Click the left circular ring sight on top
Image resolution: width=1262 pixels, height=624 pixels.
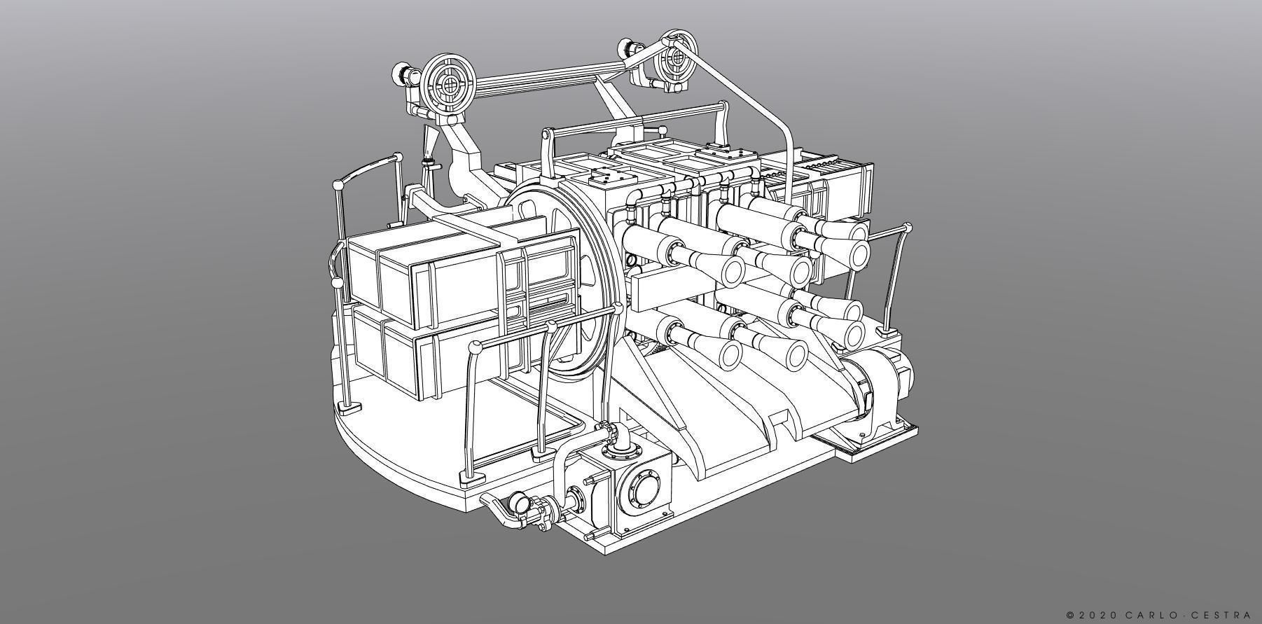(449, 83)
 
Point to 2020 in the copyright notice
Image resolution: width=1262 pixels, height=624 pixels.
(1097, 615)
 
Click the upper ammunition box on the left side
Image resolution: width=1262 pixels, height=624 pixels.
(427, 277)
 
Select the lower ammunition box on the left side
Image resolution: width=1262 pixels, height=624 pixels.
(420, 357)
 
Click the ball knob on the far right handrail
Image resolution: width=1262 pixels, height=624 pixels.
(908, 228)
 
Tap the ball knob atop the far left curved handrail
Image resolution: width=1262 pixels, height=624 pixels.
(338, 185)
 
